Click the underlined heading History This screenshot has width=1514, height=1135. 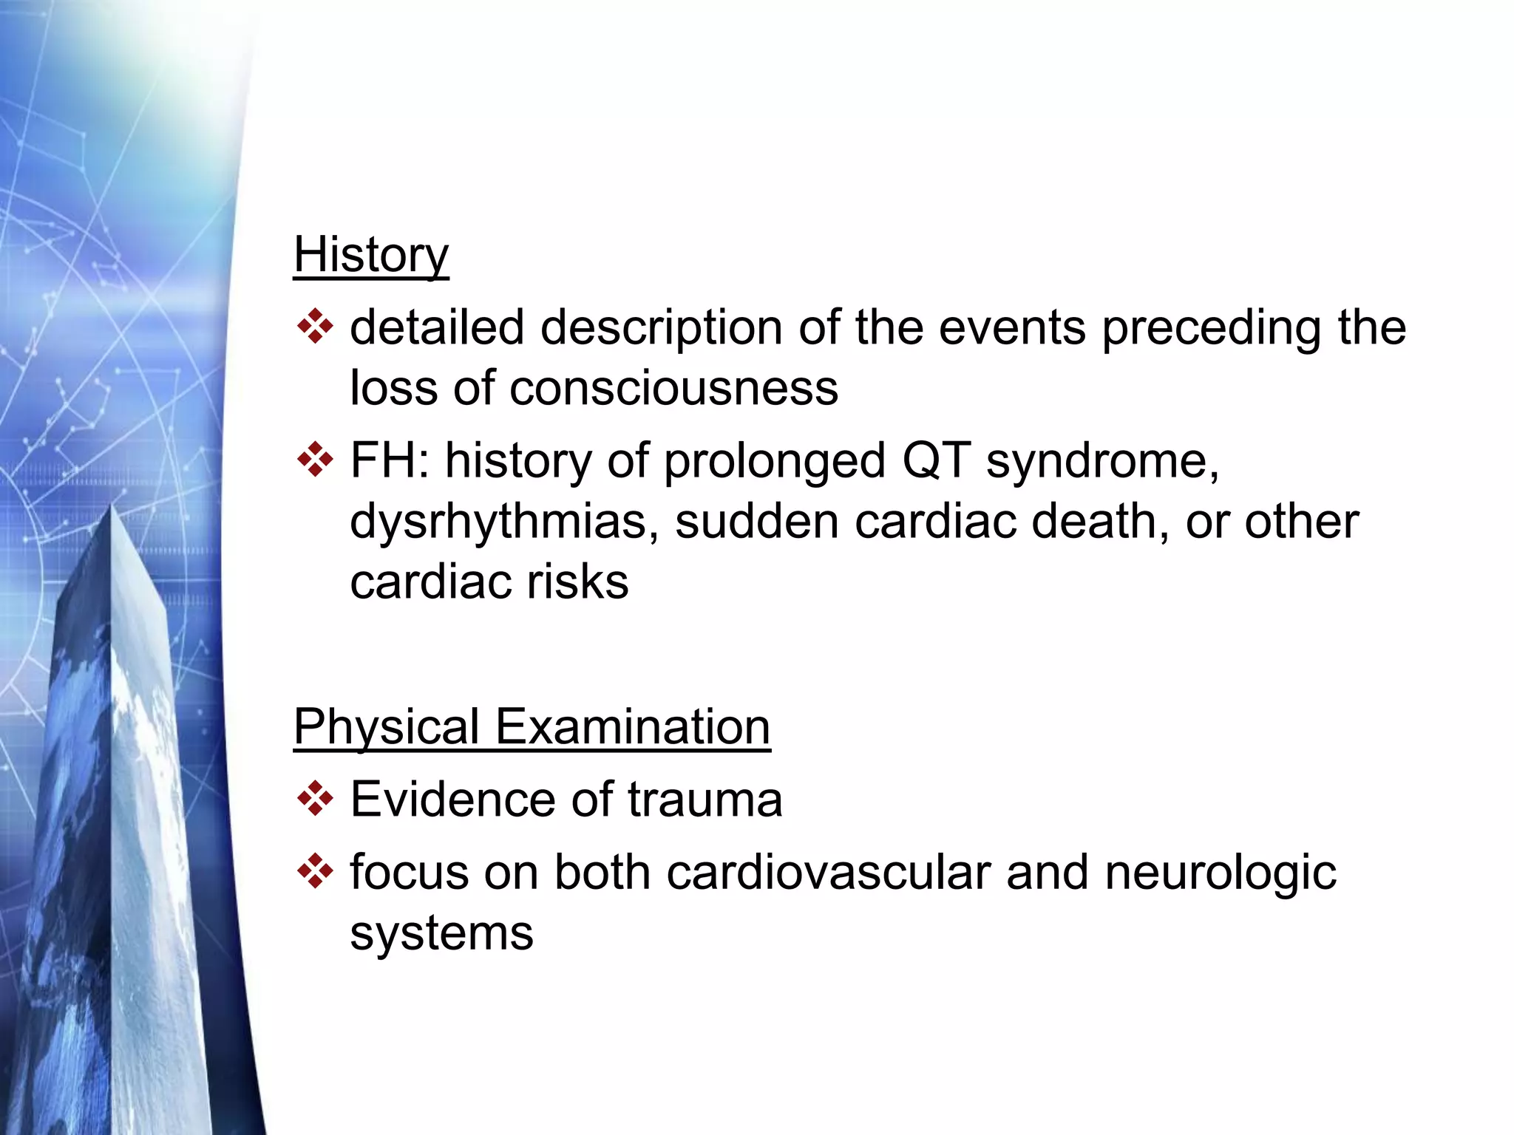[370, 255]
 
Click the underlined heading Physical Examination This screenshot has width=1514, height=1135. [532, 727]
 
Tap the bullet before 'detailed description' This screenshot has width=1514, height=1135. [315, 327]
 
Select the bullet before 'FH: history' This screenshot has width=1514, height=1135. [315, 460]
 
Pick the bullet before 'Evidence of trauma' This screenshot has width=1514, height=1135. [315, 799]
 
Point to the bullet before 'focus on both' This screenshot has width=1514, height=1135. [315, 871]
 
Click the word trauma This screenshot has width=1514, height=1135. [705, 800]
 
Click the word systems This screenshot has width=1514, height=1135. [441, 933]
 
